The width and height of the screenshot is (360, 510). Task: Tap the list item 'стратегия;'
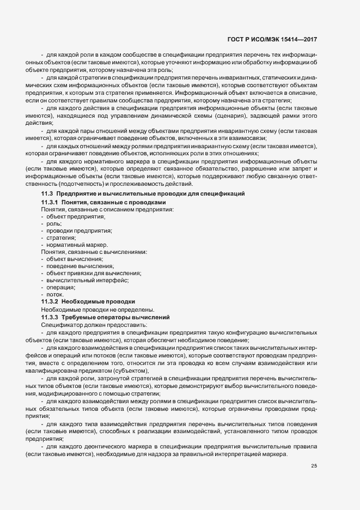[x=61, y=238]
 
